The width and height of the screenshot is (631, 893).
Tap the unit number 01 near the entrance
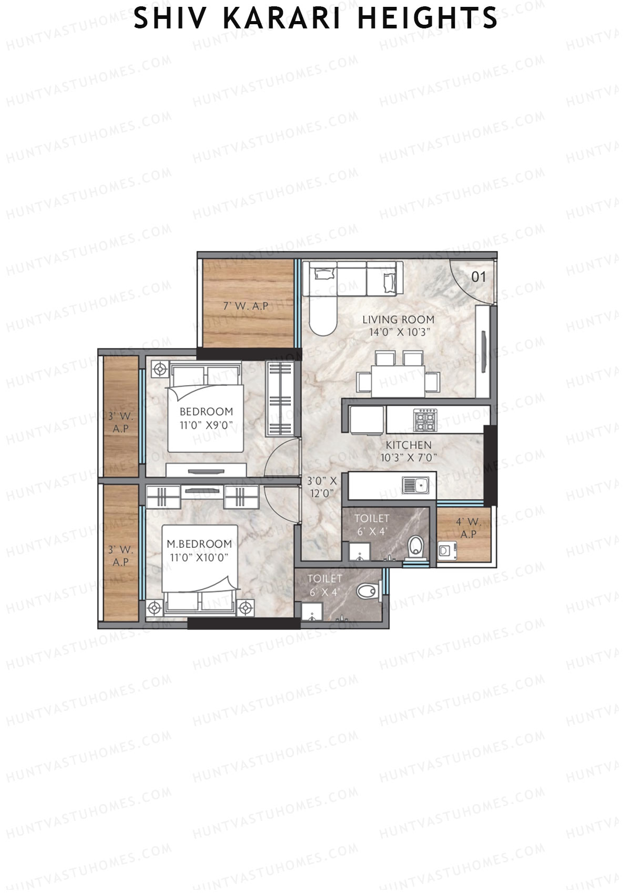pos(478,276)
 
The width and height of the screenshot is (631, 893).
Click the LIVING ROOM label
pos(398,319)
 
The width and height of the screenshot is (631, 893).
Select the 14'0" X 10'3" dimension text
pos(398,332)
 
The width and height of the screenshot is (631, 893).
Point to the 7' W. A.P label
pos(246,306)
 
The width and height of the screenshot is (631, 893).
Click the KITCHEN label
pos(409,445)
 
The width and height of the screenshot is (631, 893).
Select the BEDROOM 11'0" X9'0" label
pos(206,418)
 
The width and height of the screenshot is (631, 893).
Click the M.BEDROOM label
pos(199,544)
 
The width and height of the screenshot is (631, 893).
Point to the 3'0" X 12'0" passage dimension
pos(322,487)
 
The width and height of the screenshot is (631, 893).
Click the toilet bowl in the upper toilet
pos(415,545)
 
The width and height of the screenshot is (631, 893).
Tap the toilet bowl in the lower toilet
pos(367,591)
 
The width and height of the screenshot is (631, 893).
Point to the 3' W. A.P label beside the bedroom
pos(121,423)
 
